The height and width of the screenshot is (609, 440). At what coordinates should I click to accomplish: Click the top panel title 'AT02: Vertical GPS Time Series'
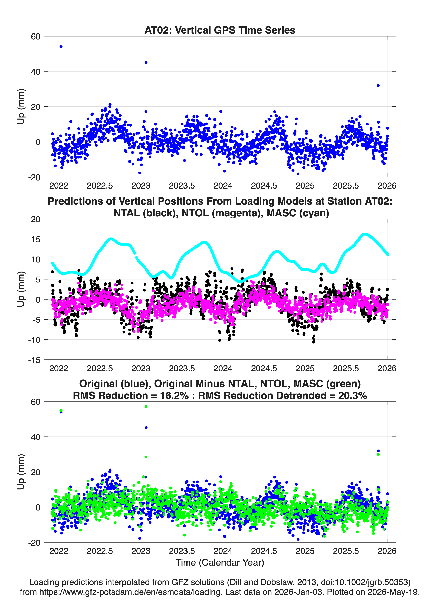(220, 30)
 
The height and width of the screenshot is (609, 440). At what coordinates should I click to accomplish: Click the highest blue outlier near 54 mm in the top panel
(61, 47)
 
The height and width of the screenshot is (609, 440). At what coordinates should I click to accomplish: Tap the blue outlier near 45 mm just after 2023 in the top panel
(146, 62)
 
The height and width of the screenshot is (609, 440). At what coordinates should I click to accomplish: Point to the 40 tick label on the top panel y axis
(36, 72)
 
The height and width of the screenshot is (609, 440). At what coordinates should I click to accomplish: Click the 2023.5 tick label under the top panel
(182, 186)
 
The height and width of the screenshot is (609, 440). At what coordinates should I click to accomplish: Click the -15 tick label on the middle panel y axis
(34, 360)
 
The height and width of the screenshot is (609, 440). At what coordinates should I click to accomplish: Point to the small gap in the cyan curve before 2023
(135, 255)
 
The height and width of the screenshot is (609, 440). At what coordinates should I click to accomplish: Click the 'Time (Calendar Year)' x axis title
(220, 562)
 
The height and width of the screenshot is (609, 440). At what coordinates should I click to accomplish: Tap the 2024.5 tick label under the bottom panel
(264, 551)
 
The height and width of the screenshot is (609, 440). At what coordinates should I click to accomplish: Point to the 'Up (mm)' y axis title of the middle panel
(21, 289)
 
